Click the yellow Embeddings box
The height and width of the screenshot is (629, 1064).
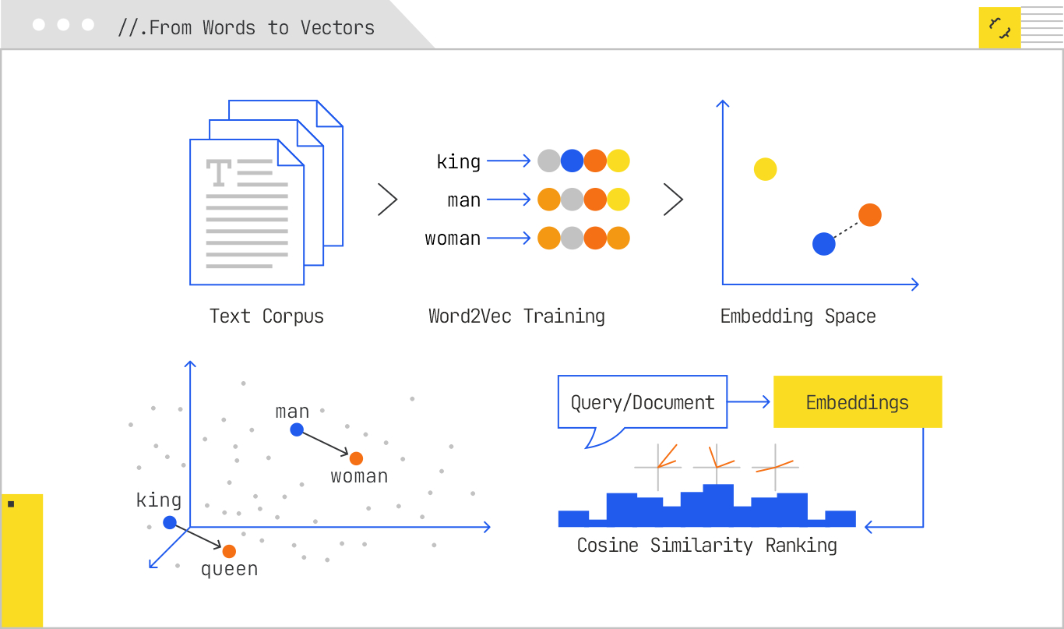pos(857,402)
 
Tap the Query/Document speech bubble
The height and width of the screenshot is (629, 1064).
pos(642,402)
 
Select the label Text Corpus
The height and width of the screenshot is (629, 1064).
pos(266,316)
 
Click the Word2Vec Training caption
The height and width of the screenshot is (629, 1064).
pos(516,316)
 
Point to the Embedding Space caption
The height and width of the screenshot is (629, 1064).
pos(798,316)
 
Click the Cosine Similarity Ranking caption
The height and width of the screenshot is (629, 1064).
pos(706,546)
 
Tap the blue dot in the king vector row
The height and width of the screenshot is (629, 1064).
pos(572,161)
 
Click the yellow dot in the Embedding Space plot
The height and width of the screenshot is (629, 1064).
pos(765,169)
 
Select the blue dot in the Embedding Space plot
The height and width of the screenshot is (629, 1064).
pos(823,244)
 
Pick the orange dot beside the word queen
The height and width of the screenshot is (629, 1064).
pos(229,551)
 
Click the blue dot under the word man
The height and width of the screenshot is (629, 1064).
pos(296,429)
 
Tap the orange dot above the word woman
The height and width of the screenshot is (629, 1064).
pos(356,458)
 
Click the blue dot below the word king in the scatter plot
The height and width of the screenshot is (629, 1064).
pos(170,522)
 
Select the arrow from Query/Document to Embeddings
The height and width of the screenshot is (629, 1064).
pos(749,402)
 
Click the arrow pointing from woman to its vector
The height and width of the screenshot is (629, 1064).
pos(509,239)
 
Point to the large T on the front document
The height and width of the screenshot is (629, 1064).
pos(219,172)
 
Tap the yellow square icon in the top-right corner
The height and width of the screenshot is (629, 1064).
pos(999,28)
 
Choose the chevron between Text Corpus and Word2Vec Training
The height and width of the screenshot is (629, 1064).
pos(387,200)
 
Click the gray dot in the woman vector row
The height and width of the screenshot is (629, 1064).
pos(572,239)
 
